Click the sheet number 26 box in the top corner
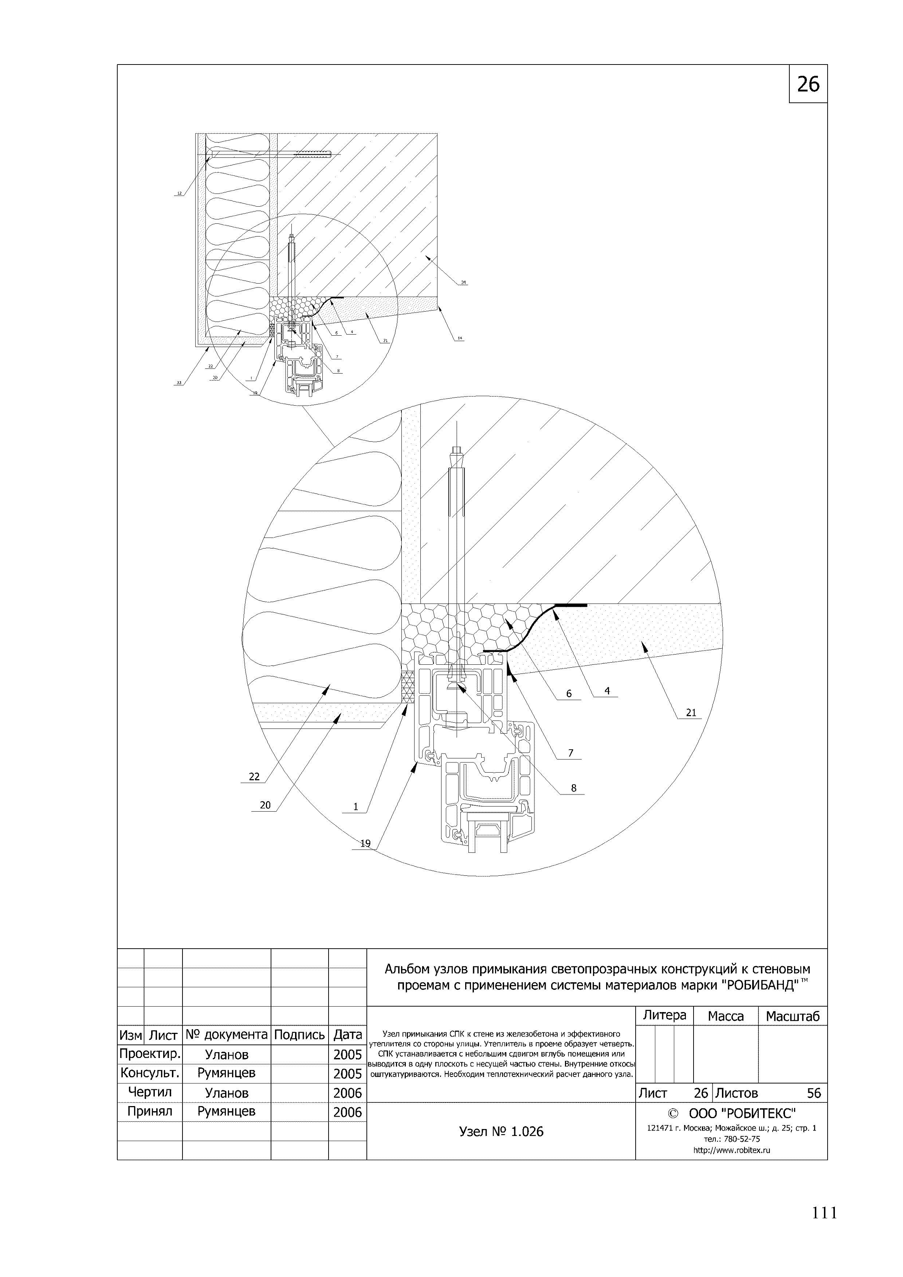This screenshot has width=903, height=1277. coord(808,84)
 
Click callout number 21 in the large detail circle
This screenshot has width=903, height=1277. coord(691,712)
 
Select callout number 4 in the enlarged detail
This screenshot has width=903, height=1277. coord(607,691)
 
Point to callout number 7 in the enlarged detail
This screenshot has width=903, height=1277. coord(570,753)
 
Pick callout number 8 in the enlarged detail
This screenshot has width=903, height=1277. coord(574,788)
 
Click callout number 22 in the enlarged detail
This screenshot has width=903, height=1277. coord(254,776)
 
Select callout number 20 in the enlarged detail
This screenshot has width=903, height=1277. coord(265,805)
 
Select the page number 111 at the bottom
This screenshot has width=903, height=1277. coord(824,1213)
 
